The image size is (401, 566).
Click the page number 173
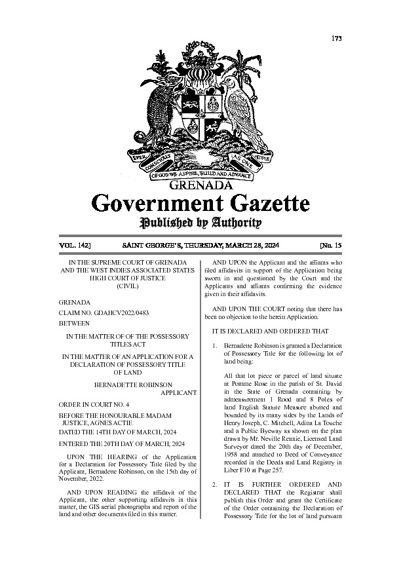tap(337, 38)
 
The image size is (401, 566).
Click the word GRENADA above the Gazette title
tap(200, 185)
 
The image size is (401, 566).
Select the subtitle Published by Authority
tap(200, 223)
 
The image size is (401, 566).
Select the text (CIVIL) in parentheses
tap(128, 287)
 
